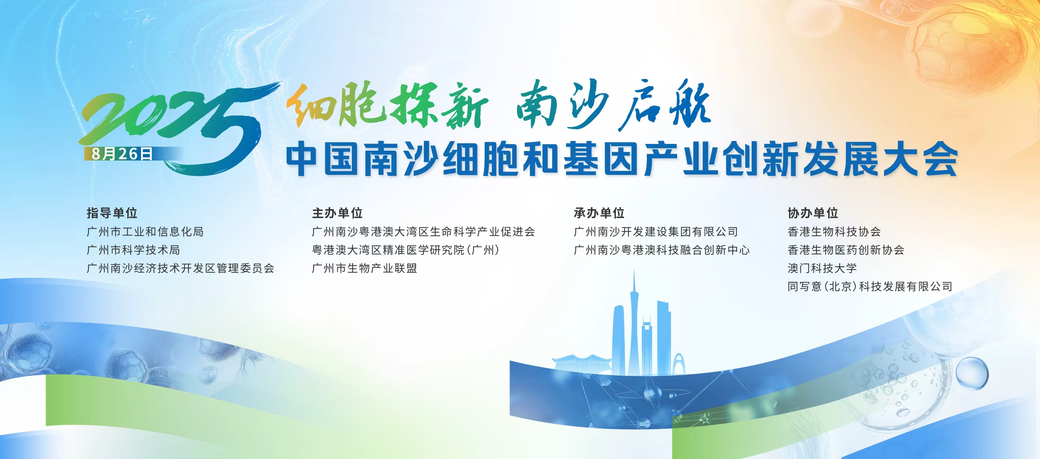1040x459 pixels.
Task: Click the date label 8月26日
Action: [x=122, y=154]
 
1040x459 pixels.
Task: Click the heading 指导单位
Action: [x=112, y=213]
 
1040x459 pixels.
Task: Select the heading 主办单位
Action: [x=337, y=213]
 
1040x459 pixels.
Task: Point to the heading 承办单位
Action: [x=599, y=213]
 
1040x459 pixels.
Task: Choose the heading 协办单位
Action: [x=813, y=213]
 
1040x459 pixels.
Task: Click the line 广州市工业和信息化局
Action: [x=145, y=232]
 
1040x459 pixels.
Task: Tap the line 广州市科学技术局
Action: [x=134, y=250]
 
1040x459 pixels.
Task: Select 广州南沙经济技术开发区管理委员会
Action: [x=181, y=268]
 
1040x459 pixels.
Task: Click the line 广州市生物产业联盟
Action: [x=364, y=268]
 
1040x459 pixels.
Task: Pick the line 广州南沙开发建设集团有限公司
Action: [x=656, y=232]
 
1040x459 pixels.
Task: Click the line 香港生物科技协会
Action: [x=834, y=232]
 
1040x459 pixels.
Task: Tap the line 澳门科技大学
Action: [x=822, y=268]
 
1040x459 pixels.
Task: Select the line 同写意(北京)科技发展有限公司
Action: [x=870, y=286]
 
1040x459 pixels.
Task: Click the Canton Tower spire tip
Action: [x=633, y=270]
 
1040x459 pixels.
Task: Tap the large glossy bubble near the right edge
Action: [x=972, y=373]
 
